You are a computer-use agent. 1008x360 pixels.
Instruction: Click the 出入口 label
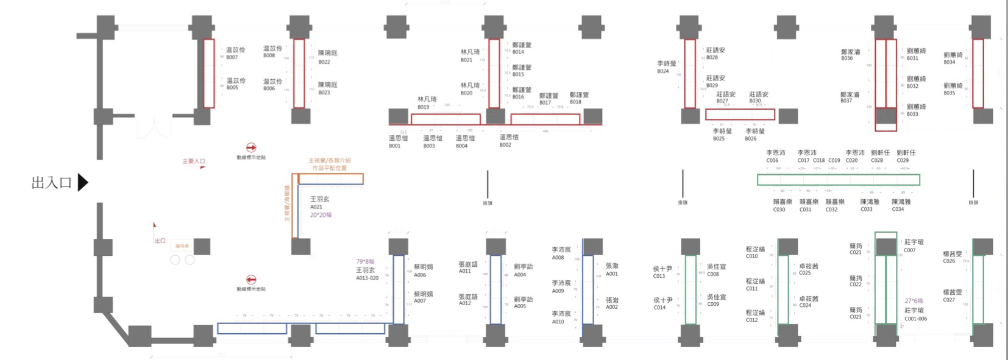tap(51, 183)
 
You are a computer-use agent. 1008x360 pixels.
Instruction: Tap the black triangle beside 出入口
tap(83, 182)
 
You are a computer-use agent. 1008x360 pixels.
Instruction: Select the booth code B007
tap(232, 58)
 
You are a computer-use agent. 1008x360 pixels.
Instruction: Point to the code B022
tap(324, 62)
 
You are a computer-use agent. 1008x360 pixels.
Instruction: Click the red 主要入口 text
tap(194, 161)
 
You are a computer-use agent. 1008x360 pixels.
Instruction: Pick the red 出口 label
tap(160, 241)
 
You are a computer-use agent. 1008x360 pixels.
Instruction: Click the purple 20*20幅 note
tap(321, 215)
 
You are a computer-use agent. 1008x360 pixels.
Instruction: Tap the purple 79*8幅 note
tap(365, 262)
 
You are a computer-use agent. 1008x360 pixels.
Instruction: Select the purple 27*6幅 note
tap(914, 301)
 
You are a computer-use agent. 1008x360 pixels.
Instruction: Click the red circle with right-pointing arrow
tap(250, 147)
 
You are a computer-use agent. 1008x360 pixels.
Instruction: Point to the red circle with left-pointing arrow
tap(250, 280)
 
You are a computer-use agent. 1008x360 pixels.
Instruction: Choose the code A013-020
tap(367, 278)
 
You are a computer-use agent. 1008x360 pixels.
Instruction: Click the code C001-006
tap(915, 319)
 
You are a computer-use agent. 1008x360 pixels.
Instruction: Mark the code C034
tap(898, 210)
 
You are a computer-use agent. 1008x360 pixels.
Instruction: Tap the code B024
tap(663, 71)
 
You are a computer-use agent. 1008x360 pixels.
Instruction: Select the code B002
tap(505, 145)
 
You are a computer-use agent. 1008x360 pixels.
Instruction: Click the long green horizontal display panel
tap(838, 180)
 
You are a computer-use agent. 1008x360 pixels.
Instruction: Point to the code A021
tap(316, 207)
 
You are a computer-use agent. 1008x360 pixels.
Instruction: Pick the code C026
tap(949, 261)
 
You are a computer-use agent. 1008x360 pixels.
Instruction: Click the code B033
tap(912, 115)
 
